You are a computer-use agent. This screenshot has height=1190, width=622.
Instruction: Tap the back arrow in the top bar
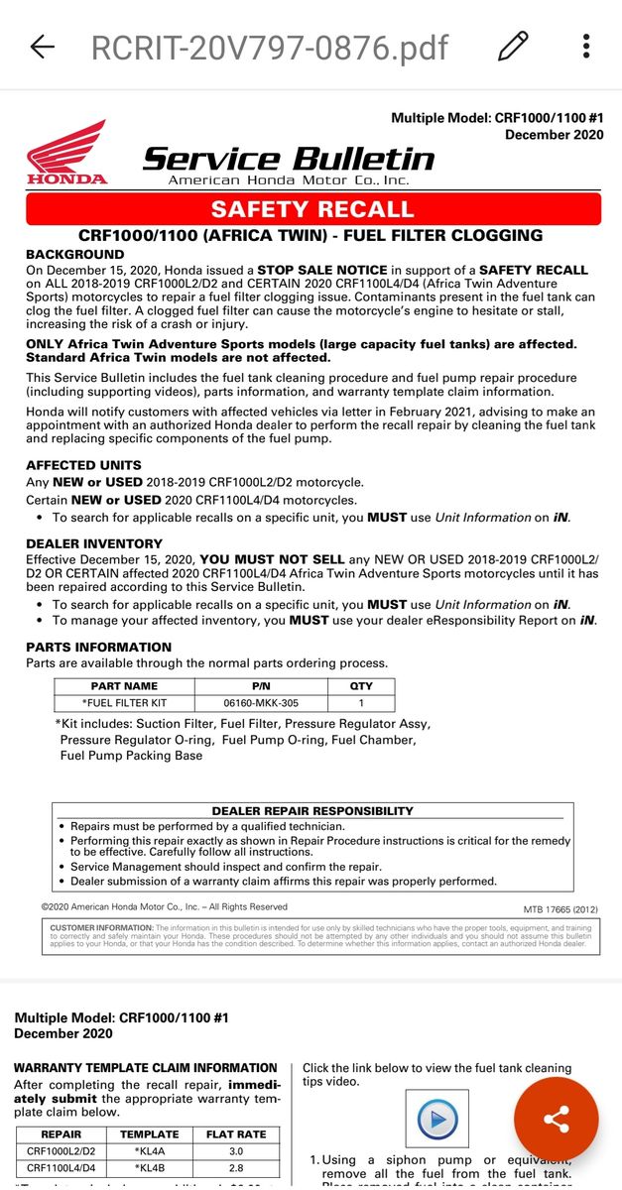pos(42,47)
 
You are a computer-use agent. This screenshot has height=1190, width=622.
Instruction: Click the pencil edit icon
pos(513,46)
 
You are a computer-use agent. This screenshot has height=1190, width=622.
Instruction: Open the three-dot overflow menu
pos(586,46)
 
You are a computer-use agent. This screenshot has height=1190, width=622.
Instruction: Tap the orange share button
pos(556,1121)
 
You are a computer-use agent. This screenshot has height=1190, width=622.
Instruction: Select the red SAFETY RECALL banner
pos(312,209)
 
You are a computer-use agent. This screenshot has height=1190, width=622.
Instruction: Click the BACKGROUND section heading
pos(75,255)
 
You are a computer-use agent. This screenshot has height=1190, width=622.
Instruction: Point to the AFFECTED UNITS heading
pos(83,465)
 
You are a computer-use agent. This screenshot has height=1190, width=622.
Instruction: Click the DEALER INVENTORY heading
pos(94,543)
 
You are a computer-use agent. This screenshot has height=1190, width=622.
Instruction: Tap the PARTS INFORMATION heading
pos(98,647)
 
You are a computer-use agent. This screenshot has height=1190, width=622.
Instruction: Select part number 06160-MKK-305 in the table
pos(262,703)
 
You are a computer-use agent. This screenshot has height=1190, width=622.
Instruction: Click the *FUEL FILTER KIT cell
pos(124,703)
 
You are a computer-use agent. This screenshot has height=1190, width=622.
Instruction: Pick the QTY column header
pos(361,686)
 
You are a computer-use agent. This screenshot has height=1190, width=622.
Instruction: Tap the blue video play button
pos(437,1121)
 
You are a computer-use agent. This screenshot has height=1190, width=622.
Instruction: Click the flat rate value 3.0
pos(236,1151)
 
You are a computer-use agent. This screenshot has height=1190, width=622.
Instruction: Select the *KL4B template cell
pos(150,1168)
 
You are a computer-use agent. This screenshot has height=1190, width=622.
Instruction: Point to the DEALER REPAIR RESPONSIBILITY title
pos(312,810)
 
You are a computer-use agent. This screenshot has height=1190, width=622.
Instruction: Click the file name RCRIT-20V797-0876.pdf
pos(270,47)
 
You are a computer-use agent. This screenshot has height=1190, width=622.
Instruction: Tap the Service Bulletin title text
pos(289,159)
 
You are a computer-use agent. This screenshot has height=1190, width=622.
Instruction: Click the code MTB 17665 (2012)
pos(560,908)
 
